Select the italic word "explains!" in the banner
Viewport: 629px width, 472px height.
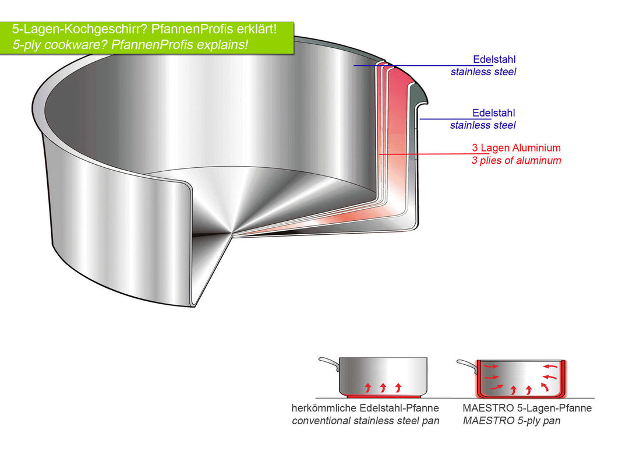(223, 45)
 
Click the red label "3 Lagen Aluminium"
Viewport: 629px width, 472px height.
(516, 148)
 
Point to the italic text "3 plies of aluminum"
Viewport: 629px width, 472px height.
(516, 160)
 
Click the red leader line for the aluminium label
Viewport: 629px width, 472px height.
(425, 154)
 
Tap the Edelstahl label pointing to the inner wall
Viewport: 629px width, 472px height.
(494, 59)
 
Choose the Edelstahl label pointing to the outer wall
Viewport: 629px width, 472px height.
(494, 113)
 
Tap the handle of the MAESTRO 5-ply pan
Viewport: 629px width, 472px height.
(466, 365)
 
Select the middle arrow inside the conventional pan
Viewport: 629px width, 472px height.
(383, 387)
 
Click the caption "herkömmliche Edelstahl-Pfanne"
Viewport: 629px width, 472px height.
(365, 408)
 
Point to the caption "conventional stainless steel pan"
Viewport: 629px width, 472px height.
(365, 421)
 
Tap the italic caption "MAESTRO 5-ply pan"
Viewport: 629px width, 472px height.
(511, 421)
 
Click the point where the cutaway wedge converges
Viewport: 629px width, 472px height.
(233, 235)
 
